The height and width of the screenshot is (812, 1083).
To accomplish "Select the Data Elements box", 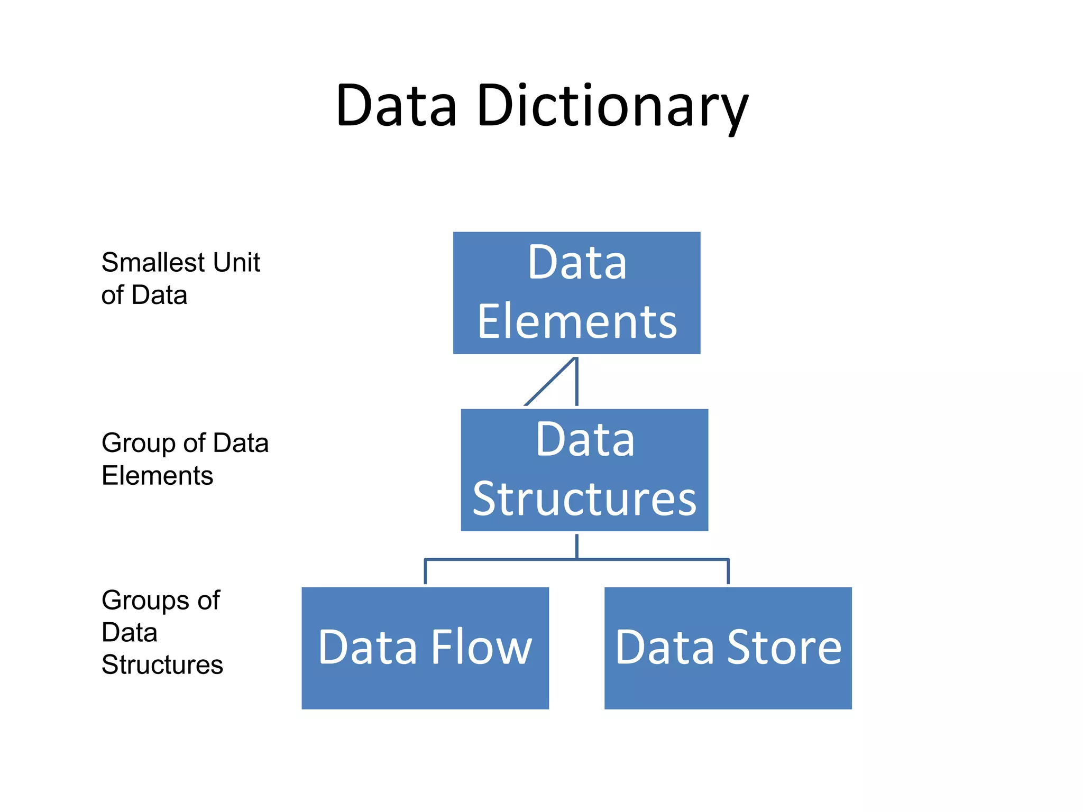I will [x=576, y=292].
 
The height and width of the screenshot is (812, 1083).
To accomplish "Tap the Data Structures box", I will [x=584, y=469].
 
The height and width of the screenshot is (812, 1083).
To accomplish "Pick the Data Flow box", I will [x=425, y=648].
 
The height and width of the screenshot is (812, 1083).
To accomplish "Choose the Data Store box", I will [x=728, y=648].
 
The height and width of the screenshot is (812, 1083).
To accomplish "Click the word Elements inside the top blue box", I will [x=577, y=321].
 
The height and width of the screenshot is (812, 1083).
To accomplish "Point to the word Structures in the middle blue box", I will [x=584, y=499].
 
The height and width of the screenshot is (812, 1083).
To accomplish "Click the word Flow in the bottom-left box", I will [x=481, y=647].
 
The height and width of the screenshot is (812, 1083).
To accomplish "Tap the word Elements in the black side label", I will [x=157, y=475].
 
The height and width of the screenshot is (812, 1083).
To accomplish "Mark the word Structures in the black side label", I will [x=162, y=665].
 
